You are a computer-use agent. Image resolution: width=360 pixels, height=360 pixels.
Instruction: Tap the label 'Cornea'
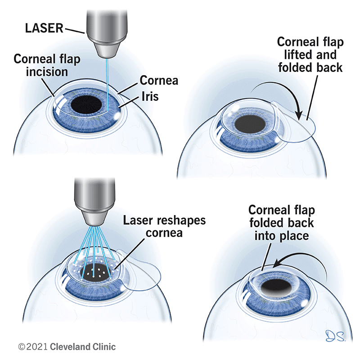(x=159, y=81)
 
